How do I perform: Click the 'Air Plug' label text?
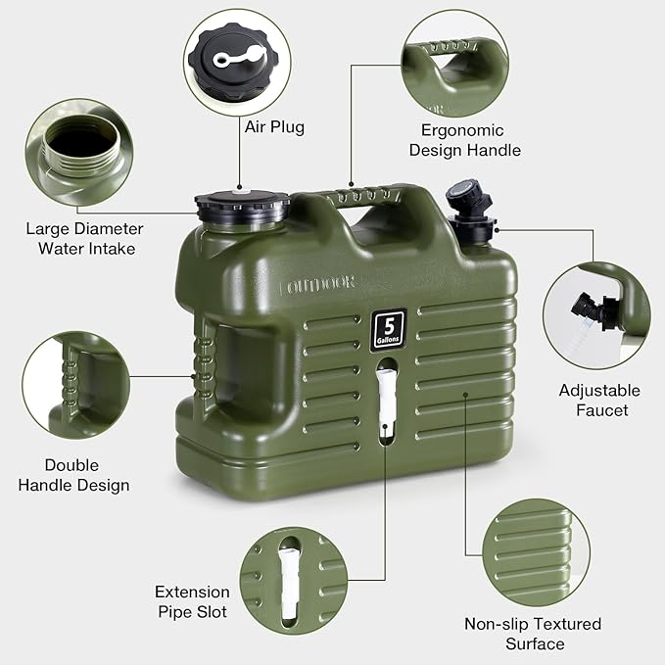(x=274, y=126)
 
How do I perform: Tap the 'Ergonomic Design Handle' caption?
(x=465, y=140)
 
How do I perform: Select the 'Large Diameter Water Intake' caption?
(x=85, y=238)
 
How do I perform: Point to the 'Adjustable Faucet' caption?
(x=599, y=400)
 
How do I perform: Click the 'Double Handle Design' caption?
(x=73, y=475)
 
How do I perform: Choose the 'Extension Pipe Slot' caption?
(x=192, y=601)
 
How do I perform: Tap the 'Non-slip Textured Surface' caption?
(x=533, y=634)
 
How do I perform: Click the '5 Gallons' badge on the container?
(x=389, y=330)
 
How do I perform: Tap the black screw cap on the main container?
(x=242, y=207)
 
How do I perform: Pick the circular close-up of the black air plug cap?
(x=237, y=63)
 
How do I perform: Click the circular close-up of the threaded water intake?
(x=79, y=152)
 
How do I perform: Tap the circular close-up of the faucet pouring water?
(x=596, y=315)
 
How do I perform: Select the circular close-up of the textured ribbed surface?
(x=536, y=552)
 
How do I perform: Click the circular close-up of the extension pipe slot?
(x=294, y=581)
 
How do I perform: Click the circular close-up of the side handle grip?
(x=76, y=385)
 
